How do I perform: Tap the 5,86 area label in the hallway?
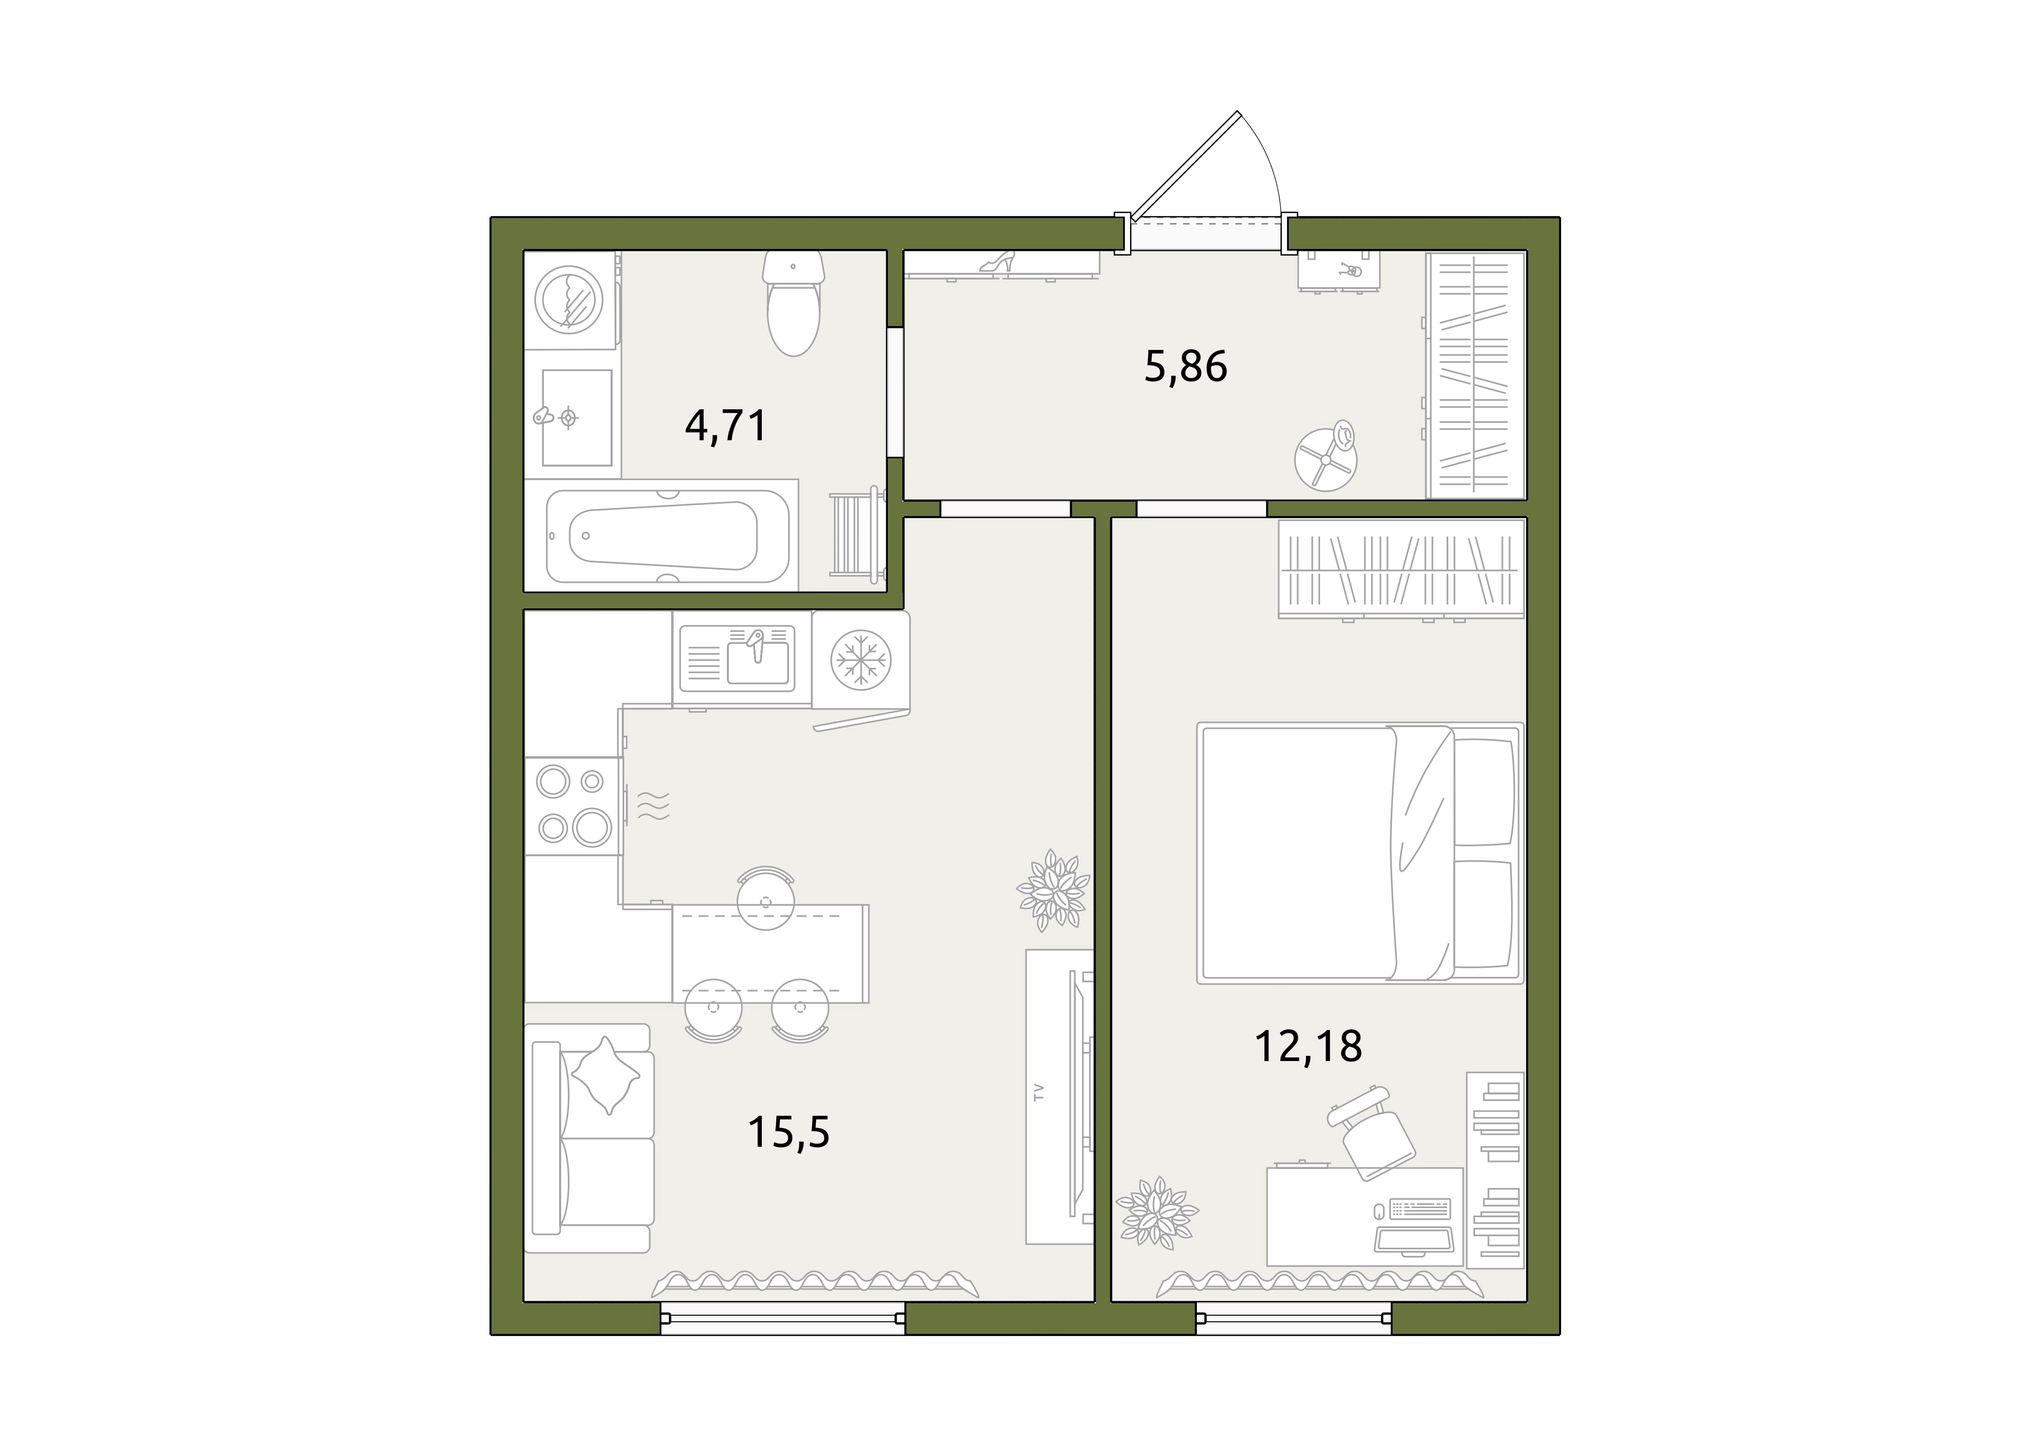click(x=1186, y=366)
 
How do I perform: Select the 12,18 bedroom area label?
click(x=1308, y=1046)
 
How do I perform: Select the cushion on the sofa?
click(x=605, y=1075)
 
